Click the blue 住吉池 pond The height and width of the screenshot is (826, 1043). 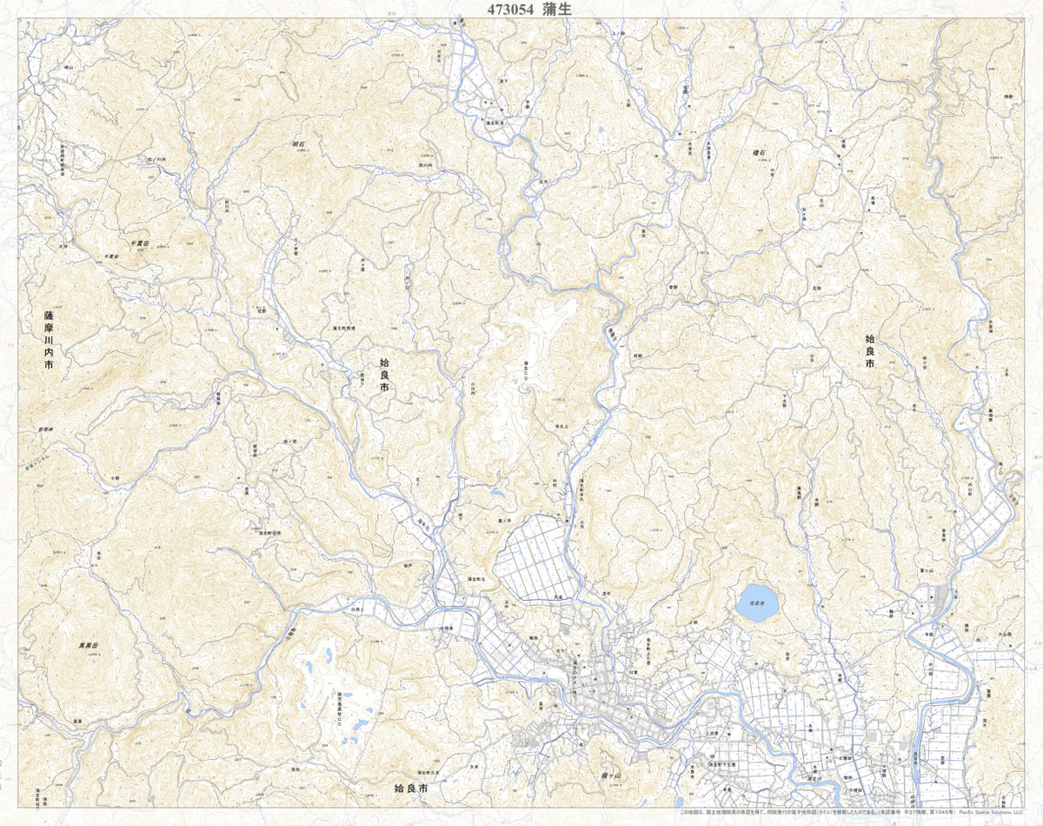click(x=757, y=603)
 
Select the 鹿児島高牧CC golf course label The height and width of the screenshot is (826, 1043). click(x=341, y=709)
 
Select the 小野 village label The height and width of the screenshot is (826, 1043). click(x=115, y=477)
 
